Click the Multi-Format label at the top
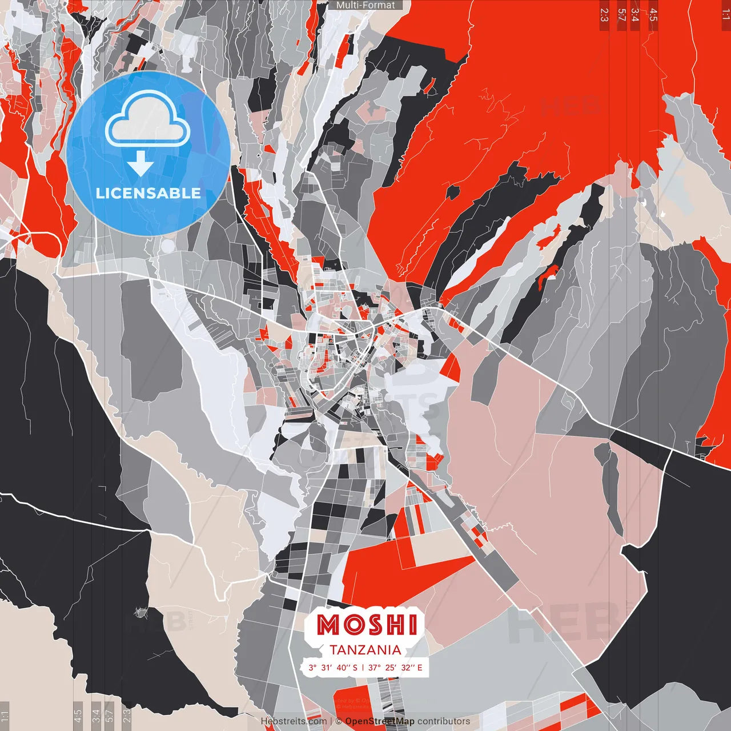pos(365,5)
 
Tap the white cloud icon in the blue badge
pos(147,120)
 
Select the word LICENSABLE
pos(148,193)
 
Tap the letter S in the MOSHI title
pos(375,625)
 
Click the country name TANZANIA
pos(365,650)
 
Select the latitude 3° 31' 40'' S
pos(333,667)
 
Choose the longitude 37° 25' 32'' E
pos(395,667)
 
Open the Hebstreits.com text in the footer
pos(294,721)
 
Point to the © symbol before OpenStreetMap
pos(339,721)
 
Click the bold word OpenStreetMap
pos(380,721)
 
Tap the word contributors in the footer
pos(444,721)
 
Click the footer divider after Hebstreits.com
pos(331,721)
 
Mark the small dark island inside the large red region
pos(452,191)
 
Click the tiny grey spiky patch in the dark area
pos(139,613)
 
